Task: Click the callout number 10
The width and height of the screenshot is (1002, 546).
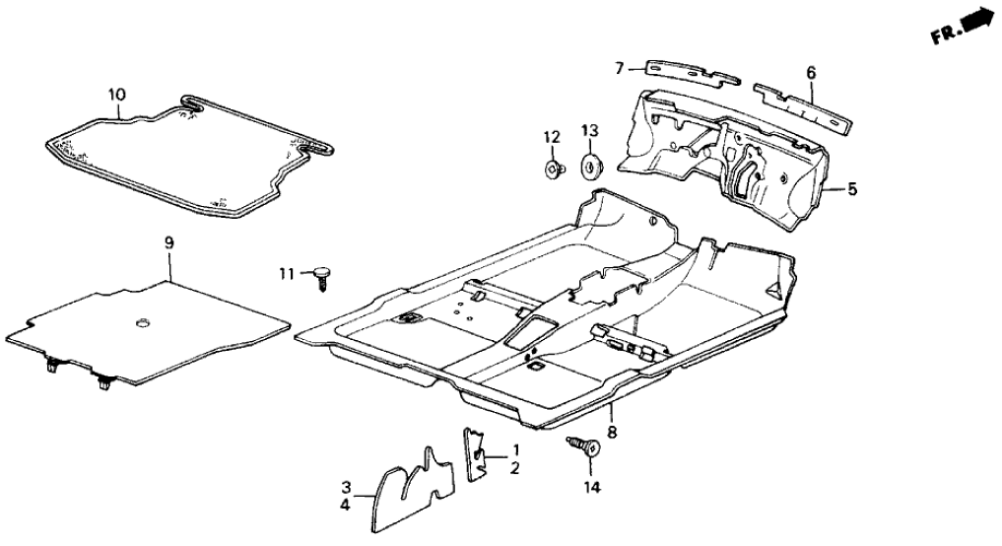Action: [x=117, y=94]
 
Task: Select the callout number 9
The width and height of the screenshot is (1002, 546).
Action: [x=168, y=240]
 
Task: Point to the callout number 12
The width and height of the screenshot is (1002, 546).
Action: [x=552, y=135]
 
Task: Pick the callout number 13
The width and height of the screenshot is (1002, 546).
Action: [x=589, y=131]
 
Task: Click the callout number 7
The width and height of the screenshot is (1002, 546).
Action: [x=620, y=68]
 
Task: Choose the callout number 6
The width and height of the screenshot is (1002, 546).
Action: [x=811, y=72]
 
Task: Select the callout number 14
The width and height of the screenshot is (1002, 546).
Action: [x=590, y=486]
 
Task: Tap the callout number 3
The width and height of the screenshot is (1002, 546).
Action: [x=347, y=487]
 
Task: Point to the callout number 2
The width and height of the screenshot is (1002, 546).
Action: [x=513, y=468]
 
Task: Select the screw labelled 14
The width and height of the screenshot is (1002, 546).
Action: [x=584, y=447]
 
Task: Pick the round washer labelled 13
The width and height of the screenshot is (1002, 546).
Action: [x=593, y=166]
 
